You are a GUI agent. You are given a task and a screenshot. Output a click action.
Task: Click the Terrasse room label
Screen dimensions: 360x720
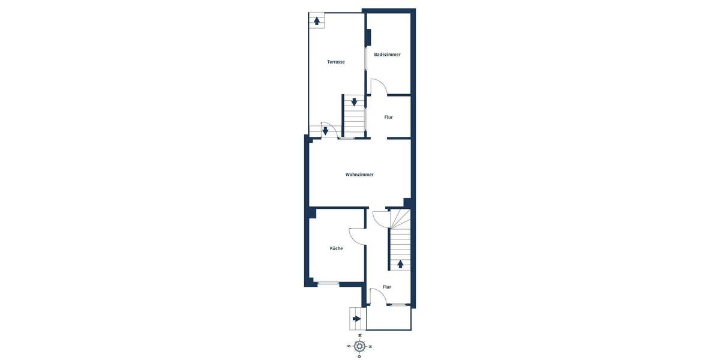tap(335, 62)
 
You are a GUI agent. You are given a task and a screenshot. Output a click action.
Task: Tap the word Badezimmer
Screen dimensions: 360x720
tap(387, 55)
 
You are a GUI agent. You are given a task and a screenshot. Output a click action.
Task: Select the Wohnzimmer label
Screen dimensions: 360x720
tap(359, 175)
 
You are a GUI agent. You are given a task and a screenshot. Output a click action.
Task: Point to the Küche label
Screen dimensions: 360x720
tap(336, 248)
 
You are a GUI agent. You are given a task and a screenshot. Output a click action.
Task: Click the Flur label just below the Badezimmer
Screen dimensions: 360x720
tap(388, 117)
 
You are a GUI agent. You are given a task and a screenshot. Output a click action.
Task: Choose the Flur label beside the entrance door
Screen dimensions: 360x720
tap(387, 287)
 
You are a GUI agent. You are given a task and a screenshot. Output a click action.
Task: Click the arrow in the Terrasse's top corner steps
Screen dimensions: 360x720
tap(317, 20)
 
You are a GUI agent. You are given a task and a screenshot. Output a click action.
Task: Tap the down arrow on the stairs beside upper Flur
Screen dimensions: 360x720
tap(354, 102)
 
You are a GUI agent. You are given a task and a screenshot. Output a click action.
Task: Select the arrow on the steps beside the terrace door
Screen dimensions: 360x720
tap(325, 131)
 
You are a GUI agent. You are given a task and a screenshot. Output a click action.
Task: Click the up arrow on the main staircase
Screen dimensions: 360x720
tap(400, 263)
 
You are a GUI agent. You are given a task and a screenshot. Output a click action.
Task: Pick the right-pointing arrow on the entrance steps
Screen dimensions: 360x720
tap(357, 319)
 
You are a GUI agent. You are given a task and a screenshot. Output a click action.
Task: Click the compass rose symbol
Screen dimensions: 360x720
tap(359, 346)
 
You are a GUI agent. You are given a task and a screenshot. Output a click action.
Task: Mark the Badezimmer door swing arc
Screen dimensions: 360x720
tap(379, 88)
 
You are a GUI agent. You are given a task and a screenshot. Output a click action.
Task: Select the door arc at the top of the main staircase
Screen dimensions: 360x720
tap(382, 220)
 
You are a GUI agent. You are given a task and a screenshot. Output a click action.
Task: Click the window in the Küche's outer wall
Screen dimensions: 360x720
tap(328, 283)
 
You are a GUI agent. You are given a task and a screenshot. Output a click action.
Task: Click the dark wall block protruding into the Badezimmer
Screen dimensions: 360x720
tap(368, 37)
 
